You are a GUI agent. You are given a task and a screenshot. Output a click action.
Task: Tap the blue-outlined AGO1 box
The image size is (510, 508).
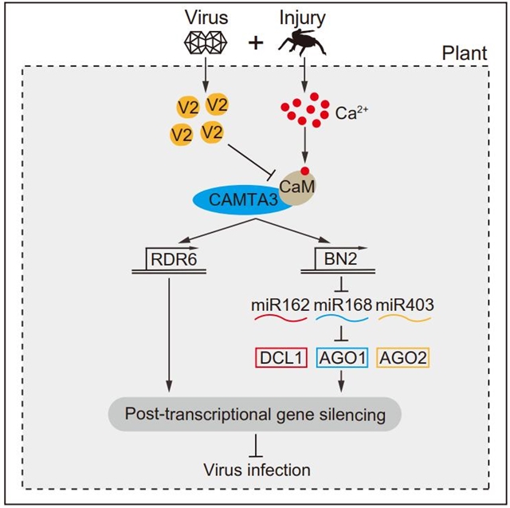click(342, 358)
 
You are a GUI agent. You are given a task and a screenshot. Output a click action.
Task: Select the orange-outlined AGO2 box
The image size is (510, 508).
click(404, 358)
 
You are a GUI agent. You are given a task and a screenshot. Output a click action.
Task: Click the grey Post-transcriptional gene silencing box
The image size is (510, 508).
click(253, 415)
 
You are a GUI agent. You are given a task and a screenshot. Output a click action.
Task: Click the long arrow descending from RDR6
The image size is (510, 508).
click(170, 335)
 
